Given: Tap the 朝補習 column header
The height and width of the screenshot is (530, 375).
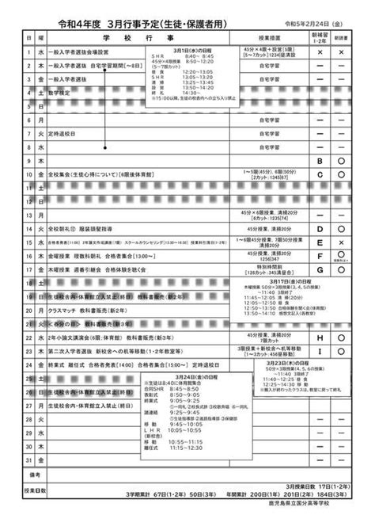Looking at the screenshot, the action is tap(320, 37).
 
